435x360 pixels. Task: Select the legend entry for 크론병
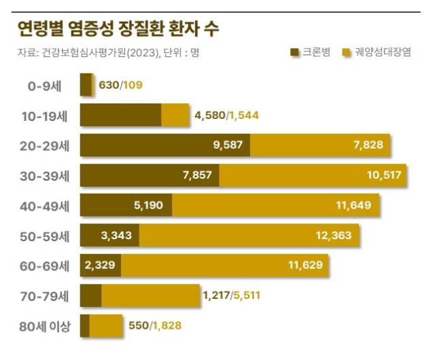click(x=310, y=52)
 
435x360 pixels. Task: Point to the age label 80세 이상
click(x=45, y=326)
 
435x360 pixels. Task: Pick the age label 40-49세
click(x=46, y=205)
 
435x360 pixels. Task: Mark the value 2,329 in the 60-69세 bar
click(x=101, y=265)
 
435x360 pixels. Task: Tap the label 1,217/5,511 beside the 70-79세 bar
click(x=231, y=295)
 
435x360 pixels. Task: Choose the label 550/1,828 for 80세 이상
click(x=155, y=326)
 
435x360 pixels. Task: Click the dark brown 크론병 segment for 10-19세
click(x=120, y=115)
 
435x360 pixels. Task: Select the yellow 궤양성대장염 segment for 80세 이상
click(x=105, y=326)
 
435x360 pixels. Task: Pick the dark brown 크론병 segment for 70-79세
click(x=90, y=295)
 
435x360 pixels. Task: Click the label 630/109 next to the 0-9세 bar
click(x=120, y=85)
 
